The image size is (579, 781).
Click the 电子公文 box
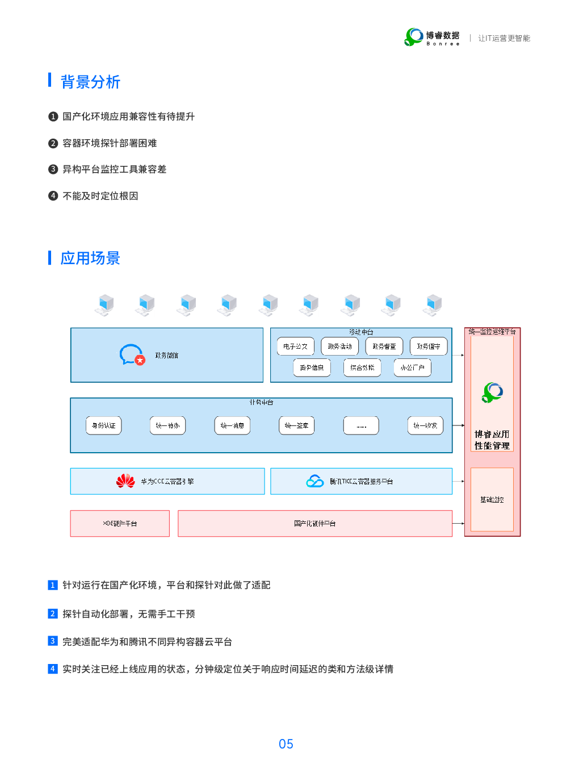coord(295,346)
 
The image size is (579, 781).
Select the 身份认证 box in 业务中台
coord(104,425)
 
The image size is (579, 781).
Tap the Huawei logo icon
coord(125,481)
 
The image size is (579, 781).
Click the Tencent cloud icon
coord(314,481)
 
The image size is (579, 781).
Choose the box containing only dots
coord(361,425)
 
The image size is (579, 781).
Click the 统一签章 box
coord(296,425)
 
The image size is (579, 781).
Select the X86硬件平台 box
coord(120,523)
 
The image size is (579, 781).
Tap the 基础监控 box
coord(492,500)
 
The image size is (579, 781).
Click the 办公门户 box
coord(412,367)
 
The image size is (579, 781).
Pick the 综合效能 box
coord(362,367)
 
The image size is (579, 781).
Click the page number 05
coord(286,744)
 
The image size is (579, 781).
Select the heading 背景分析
coord(90,82)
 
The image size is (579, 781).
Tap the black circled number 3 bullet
coord(53,169)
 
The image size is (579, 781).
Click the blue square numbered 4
coord(53,669)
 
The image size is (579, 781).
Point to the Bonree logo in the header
coord(414,37)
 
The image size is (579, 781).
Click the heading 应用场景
coord(90,258)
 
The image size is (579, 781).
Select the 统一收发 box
coord(425,425)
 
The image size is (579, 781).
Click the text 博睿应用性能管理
coord(492,440)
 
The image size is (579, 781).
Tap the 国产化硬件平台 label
coord(315,523)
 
